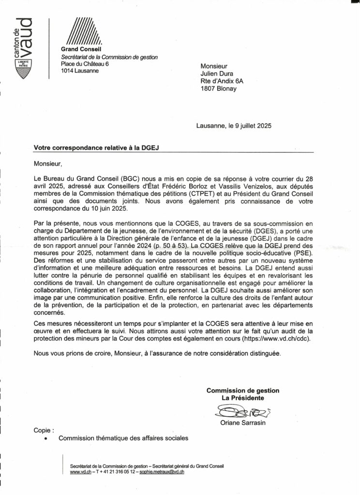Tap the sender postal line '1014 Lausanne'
point(80,71)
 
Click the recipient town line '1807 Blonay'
point(219,89)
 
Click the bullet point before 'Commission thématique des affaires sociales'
point(46,439)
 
